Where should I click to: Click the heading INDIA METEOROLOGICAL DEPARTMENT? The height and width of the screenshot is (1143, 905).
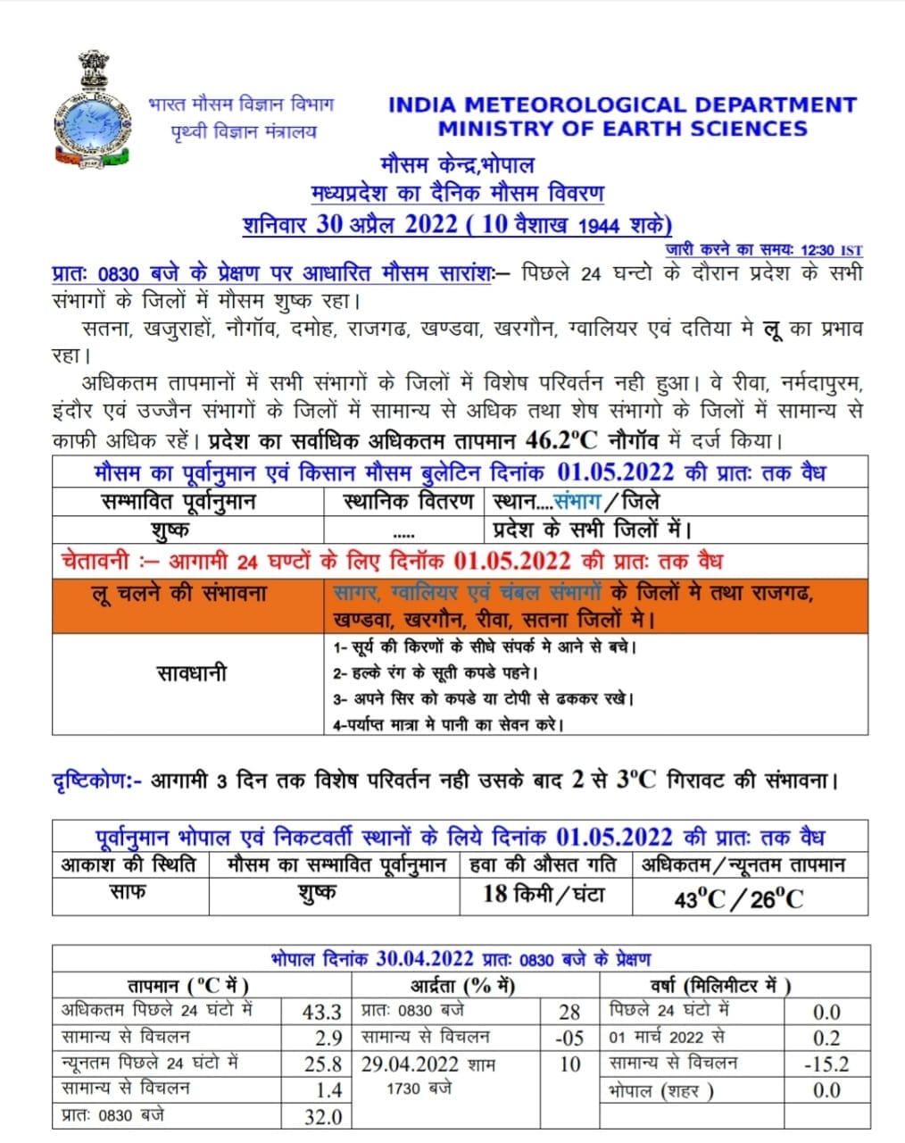tap(622, 104)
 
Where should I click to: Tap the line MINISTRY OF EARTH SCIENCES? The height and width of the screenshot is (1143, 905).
tap(622, 129)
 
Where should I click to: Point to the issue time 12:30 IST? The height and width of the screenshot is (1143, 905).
tap(831, 251)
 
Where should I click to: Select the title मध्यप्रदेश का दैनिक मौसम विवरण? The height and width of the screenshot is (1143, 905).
tap(457, 193)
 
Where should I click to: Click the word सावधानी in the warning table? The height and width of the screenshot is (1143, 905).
tap(191, 672)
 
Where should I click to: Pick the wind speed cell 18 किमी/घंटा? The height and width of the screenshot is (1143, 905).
tap(544, 894)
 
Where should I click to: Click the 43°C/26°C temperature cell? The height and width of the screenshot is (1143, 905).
tap(738, 898)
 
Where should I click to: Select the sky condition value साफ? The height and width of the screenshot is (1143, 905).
tap(128, 892)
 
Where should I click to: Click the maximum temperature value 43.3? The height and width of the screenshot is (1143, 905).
tap(322, 1012)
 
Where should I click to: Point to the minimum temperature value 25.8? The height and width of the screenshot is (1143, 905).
tap(322, 1064)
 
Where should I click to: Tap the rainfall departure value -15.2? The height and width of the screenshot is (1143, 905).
tap(826, 1064)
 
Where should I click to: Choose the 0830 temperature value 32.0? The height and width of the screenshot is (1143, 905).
tap(322, 1116)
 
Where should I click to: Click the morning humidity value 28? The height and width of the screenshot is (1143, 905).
tap(569, 1012)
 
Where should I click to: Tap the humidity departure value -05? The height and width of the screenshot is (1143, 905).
tap(569, 1038)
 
